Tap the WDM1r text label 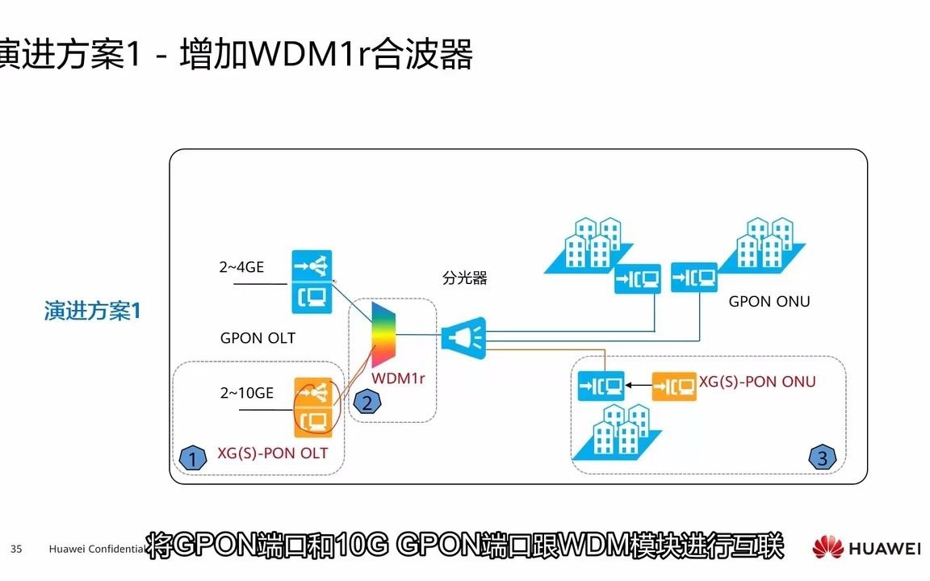click(x=398, y=378)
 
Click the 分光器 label click(x=465, y=278)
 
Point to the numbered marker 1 click(x=192, y=458)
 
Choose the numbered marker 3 click(x=822, y=458)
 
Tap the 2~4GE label click(x=241, y=268)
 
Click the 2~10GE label click(x=246, y=393)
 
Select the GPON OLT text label click(x=258, y=338)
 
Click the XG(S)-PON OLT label click(x=273, y=454)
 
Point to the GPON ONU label click(x=769, y=302)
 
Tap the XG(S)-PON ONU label click(x=756, y=382)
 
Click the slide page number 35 click(x=16, y=550)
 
